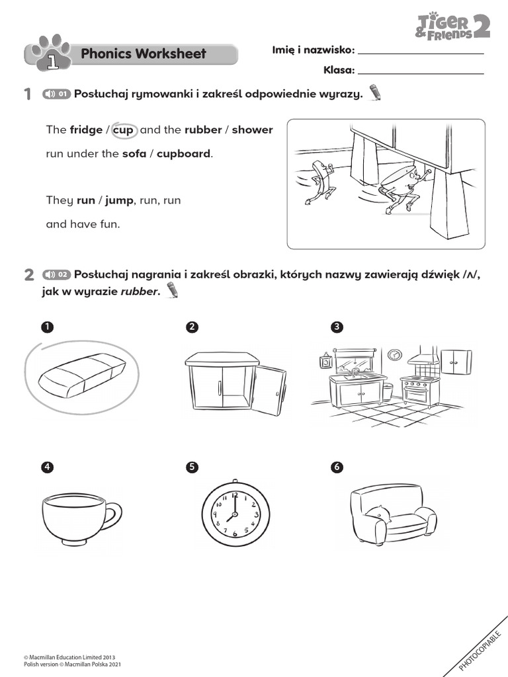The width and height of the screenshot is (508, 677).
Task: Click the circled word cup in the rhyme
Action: click(123, 130)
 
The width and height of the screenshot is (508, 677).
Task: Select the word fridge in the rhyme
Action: click(86, 130)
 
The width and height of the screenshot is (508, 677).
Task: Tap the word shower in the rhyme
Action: click(252, 130)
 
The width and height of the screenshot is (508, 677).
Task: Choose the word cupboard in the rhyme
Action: click(183, 154)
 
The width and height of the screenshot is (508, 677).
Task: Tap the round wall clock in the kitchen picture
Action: click(394, 355)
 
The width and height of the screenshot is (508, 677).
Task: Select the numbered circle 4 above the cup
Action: click(46, 467)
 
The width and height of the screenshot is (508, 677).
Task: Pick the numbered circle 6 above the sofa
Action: click(337, 467)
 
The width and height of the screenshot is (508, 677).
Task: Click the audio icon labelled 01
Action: click(56, 94)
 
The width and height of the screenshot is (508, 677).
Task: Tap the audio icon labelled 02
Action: click(56, 274)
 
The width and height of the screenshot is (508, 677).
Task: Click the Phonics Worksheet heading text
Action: click(143, 54)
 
